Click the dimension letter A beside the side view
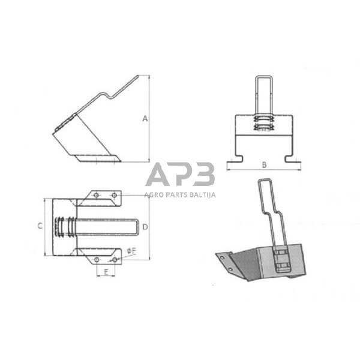coord(145,118)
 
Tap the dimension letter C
coord(40,226)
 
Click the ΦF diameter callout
coord(130,251)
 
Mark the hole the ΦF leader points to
coord(115,259)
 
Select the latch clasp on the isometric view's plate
coord(281,259)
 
